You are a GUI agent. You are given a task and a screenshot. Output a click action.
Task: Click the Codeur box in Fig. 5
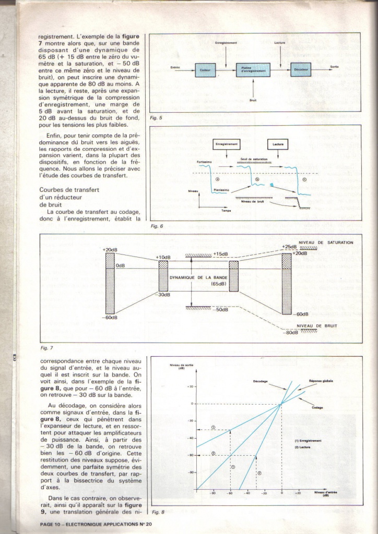pos(205,70)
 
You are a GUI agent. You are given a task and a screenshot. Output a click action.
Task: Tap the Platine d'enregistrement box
pos(253,70)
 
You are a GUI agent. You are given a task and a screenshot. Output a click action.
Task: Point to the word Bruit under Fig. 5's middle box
pos(253,102)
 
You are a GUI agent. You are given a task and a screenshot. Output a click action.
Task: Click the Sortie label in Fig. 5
pos(334,67)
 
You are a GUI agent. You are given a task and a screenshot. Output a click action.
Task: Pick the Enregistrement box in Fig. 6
pos(227,143)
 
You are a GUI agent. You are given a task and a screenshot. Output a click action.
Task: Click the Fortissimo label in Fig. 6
pos(204,162)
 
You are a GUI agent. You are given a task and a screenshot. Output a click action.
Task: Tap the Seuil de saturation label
pos(254,159)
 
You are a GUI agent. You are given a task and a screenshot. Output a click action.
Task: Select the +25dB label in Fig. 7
pos(289,247)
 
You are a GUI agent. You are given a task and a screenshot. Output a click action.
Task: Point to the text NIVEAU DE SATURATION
pos(326,242)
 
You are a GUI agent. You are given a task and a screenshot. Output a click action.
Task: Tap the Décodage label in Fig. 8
pos(261,381)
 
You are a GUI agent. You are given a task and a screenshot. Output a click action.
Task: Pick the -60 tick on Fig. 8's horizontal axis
pos(230,493)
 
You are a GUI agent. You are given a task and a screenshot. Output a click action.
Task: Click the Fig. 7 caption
pos(46,347)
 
